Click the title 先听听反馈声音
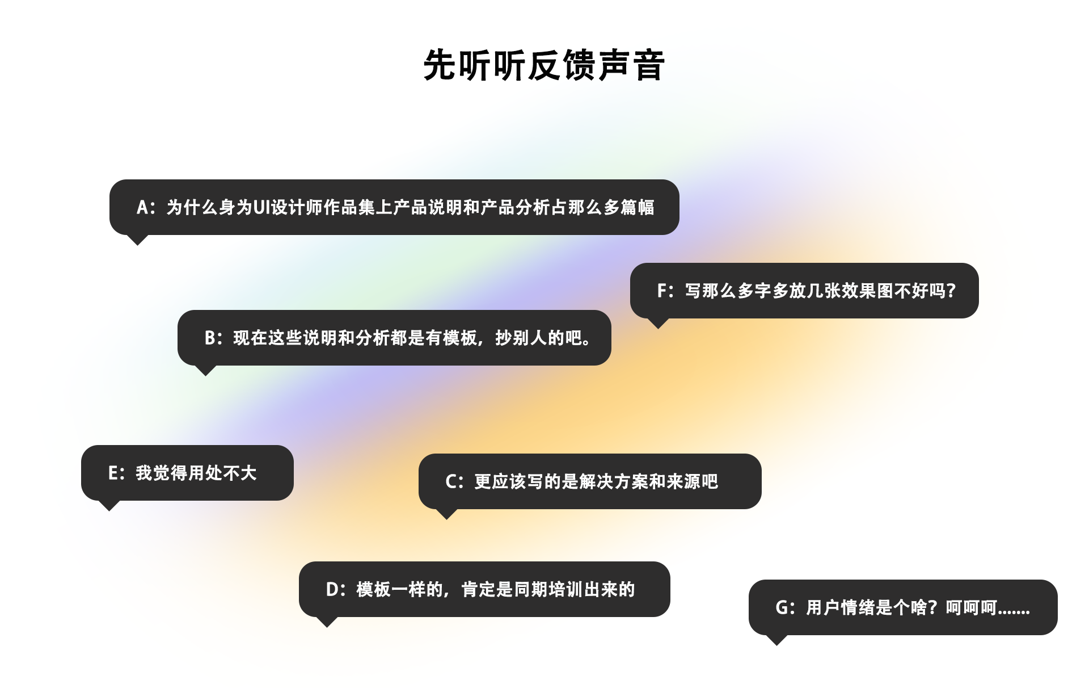[x=543, y=65]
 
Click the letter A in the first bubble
[x=142, y=208]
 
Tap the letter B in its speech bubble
[x=210, y=338]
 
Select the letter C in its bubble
[x=451, y=482]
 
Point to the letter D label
[x=332, y=590]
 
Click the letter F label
[x=661, y=291]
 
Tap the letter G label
[x=782, y=608]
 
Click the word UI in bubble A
[x=261, y=208]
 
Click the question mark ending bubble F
[x=951, y=291]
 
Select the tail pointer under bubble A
[x=137, y=239]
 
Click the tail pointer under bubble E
[x=109, y=505]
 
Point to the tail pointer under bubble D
[x=327, y=621]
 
